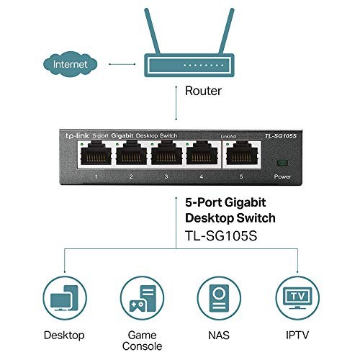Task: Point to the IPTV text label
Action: (295, 335)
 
